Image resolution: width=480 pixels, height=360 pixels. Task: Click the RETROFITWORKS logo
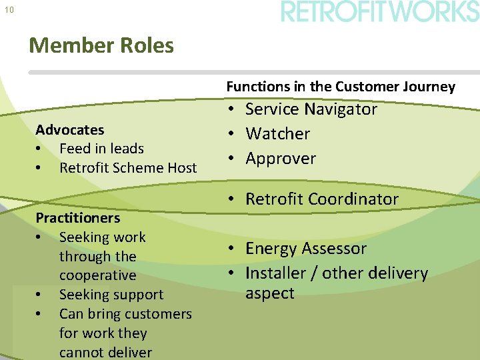pos(379,12)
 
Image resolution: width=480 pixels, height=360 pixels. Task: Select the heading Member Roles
pos(101,45)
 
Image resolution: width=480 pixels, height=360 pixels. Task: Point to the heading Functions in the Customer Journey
pos(341,86)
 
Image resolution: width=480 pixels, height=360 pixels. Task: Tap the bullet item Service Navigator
pos(311,109)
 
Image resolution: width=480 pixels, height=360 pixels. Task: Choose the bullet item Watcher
pos(277,134)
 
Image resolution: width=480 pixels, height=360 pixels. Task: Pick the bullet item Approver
pos(281,159)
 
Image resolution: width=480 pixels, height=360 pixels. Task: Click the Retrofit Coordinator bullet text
pos(322,199)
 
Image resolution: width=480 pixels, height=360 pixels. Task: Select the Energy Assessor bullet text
pos(306,249)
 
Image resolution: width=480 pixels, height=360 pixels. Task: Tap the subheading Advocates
pos(70,129)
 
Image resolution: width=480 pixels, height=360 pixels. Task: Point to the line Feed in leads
pos(101,149)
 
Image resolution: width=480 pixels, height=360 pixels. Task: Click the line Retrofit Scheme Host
pos(128,168)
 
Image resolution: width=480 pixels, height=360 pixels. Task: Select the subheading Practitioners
pos(78,218)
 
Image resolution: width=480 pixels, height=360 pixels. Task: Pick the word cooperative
pos(97,275)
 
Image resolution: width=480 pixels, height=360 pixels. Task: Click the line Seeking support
pos(111,295)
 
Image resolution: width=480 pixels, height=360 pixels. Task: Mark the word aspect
pos(269,293)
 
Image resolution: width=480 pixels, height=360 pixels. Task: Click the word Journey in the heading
pos(429,86)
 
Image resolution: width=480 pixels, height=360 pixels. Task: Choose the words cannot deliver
pos(105,352)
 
